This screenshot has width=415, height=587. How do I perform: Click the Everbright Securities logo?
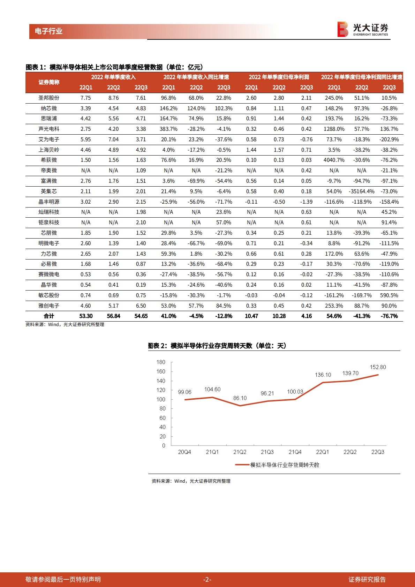(363, 29)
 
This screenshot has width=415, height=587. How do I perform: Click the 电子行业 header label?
(48, 31)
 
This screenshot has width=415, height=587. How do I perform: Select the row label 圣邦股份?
(49, 98)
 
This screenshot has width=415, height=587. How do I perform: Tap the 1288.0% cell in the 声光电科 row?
(334, 129)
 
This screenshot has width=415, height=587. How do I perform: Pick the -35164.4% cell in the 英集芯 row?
(361, 191)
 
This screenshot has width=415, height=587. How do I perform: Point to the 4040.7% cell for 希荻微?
(334, 160)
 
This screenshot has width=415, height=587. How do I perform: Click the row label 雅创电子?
(49, 306)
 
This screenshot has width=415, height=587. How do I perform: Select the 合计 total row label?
(49, 316)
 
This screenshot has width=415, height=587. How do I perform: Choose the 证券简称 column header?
(49, 82)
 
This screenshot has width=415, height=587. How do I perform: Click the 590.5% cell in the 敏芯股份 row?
(389, 295)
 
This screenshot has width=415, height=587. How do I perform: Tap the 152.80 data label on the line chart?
(378, 367)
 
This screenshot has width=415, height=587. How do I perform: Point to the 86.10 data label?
(240, 398)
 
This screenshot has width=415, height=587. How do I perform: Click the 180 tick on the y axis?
(161, 362)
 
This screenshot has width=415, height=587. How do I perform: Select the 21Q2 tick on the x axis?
(240, 452)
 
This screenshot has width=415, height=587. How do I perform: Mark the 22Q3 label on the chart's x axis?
(378, 452)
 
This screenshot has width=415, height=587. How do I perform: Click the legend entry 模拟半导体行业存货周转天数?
(284, 465)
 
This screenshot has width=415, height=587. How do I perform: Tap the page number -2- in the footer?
(207, 580)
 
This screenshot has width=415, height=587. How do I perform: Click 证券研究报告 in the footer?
(367, 580)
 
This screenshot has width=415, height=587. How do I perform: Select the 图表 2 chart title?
(217, 346)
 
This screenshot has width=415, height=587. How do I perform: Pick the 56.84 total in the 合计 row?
(113, 316)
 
